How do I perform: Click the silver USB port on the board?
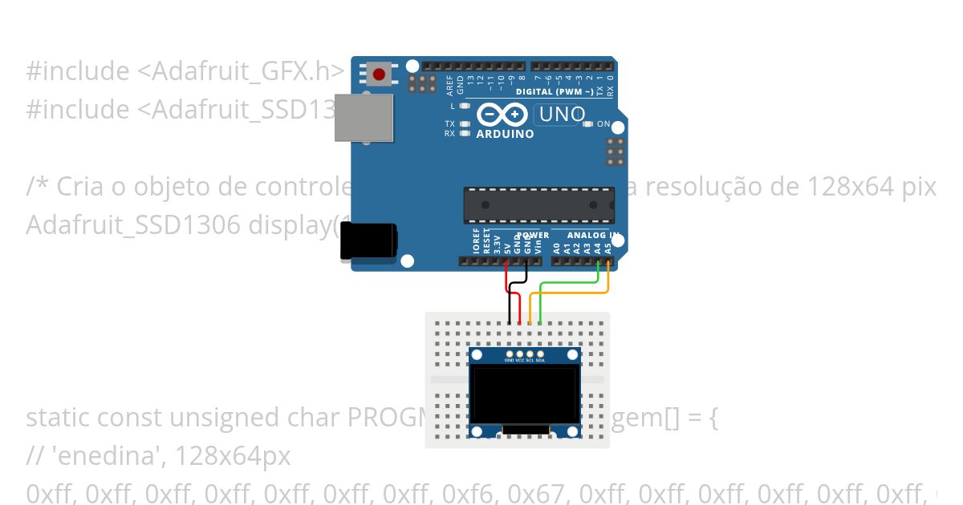coord(364,118)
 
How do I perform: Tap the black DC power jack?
coord(368,240)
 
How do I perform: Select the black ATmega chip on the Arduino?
coord(538,205)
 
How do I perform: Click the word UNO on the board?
coord(562,115)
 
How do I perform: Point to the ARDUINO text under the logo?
coord(505,134)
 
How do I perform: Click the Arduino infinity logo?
coord(502,115)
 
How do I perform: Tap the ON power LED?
coord(588,124)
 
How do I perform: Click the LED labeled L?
coord(465,106)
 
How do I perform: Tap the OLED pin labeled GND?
coord(510,353)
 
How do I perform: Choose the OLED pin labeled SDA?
coord(540,353)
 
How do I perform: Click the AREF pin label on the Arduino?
coord(450,85)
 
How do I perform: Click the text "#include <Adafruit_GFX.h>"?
coord(185,71)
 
